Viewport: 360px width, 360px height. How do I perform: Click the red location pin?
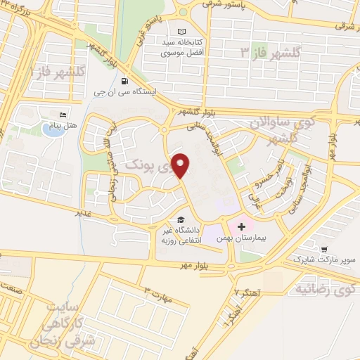click(x=181, y=165)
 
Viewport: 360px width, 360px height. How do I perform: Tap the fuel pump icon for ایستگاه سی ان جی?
click(x=125, y=79)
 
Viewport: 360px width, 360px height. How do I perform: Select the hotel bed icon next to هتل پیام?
click(x=63, y=115)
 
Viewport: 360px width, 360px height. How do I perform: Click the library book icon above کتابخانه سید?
click(x=183, y=32)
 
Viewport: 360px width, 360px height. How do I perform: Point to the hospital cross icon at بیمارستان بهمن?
click(x=242, y=227)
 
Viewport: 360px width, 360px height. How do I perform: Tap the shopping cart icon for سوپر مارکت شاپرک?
click(x=323, y=249)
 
